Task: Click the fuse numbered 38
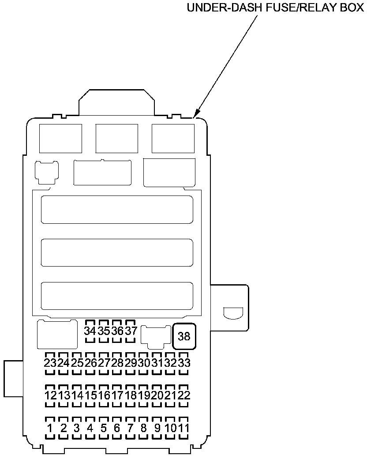[184, 336]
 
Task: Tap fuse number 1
[50, 428]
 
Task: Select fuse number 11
[184, 428]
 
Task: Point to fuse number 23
[50, 363]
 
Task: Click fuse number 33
[184, 363]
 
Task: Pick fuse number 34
[90, 331]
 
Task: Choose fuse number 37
[131, 331]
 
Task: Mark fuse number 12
[50, 395]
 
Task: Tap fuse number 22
[184, 395]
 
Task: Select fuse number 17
[117, 395]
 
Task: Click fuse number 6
[117, 428]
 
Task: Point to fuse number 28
[117, 363]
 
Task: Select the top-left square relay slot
[60, 138]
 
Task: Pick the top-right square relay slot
[173, 138]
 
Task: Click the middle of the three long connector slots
[117, 252]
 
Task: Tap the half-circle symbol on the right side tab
[232, 312]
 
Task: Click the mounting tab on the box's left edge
[13, 378]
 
